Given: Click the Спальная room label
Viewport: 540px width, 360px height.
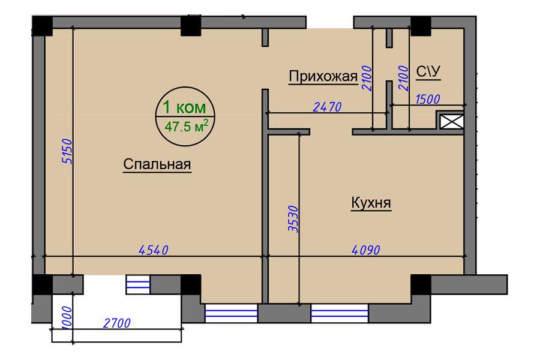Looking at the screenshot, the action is pos(157,164).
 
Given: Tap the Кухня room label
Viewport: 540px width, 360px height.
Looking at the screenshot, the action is pos(371,203).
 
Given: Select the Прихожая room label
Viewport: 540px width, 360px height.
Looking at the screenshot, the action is pos(323,76).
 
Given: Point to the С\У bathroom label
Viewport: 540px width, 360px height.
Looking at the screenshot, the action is pos(428,71).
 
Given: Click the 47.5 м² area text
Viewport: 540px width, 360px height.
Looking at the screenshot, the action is pos(187,127).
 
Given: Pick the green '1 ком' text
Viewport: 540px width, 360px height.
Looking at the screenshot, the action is pos(184,107).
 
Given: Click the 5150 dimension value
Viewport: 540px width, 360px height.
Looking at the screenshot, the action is pos(67,151).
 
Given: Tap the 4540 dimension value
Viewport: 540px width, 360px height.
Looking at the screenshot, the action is pos(153,250).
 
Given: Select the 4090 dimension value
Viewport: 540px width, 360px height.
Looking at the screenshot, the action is pos(366,250).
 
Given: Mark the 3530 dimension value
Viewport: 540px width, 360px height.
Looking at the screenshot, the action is pos(293,219).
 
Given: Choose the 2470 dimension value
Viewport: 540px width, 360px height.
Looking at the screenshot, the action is pos(327,107).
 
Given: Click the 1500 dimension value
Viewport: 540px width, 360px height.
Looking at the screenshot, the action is pos(427,99).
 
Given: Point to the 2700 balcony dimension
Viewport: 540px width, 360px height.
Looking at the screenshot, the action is pos(117,323).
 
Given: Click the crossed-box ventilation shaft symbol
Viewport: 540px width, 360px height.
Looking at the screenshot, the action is pos(452,122).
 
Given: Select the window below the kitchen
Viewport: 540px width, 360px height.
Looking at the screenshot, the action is pos(340,313).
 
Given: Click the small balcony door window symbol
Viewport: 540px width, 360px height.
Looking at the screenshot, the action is pos(138,284).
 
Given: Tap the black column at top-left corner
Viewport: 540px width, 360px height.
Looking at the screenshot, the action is pos(42,26).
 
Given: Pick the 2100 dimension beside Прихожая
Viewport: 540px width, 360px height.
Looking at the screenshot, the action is pos(367,78).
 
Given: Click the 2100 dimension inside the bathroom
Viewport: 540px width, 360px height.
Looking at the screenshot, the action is pos(403,78).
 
